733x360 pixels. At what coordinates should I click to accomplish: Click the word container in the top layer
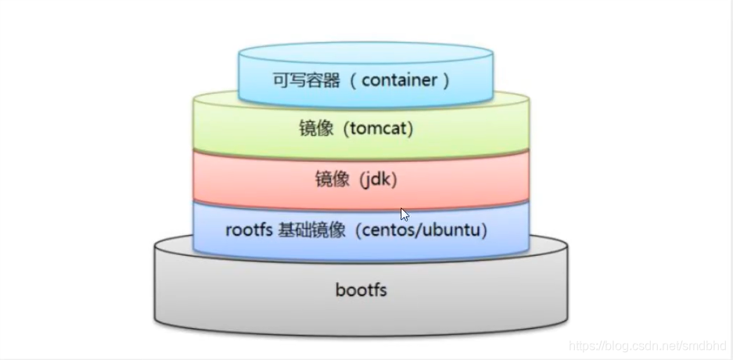pos(401,80)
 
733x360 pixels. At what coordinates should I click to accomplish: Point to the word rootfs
pos(247,230)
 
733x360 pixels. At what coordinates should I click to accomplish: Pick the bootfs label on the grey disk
pos(361,290)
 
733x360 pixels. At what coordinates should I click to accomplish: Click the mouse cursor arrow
pos(404,214)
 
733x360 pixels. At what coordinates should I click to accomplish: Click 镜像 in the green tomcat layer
pos(316,128)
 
